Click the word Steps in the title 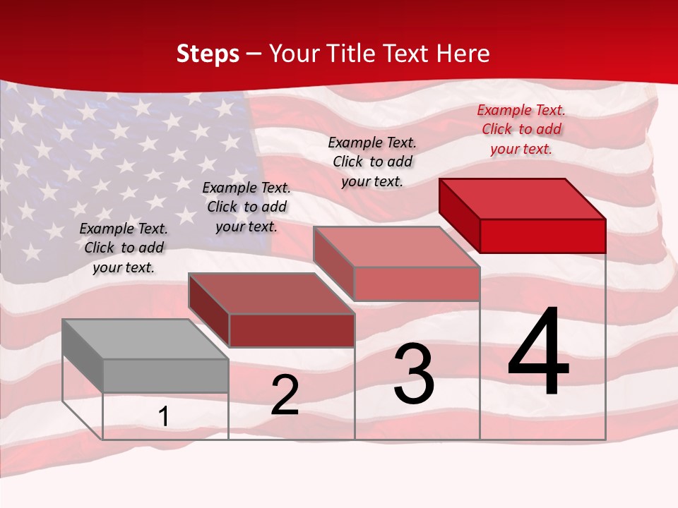(208, 54)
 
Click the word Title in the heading (352, 54)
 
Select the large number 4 (538, 353)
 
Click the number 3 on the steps (414, 374)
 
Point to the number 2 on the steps (285, 395)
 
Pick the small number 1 (163, 417)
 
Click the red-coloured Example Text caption (521, 129)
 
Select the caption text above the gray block (124, 248)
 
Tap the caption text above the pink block (372, 162)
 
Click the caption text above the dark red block (246, 207)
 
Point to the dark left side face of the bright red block (460, 215)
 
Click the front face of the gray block (165, 375)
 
